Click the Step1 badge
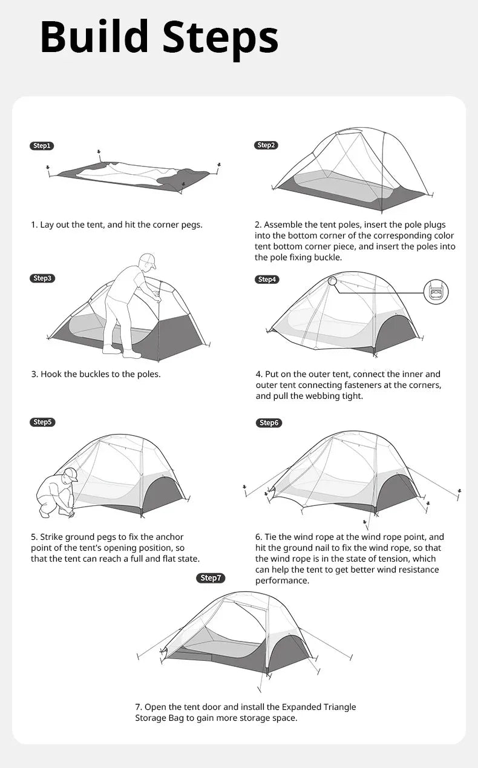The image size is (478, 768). pos(42,146)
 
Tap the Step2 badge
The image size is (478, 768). pos(266,145)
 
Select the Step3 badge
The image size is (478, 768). pos(42,278)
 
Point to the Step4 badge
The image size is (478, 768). pos(266,279)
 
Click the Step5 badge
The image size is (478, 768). pos(42,422)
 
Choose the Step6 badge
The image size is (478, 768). pos(269,422)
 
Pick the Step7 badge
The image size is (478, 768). pos(211,578)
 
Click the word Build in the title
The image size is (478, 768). pos(94,38)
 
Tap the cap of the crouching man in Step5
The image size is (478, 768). pos(71,474)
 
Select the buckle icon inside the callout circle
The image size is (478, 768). pos(436,292)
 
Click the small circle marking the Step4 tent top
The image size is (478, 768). pos(332,281)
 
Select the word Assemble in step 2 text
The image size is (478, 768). pos(283,225)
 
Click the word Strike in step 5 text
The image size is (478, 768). pos(53,537)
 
